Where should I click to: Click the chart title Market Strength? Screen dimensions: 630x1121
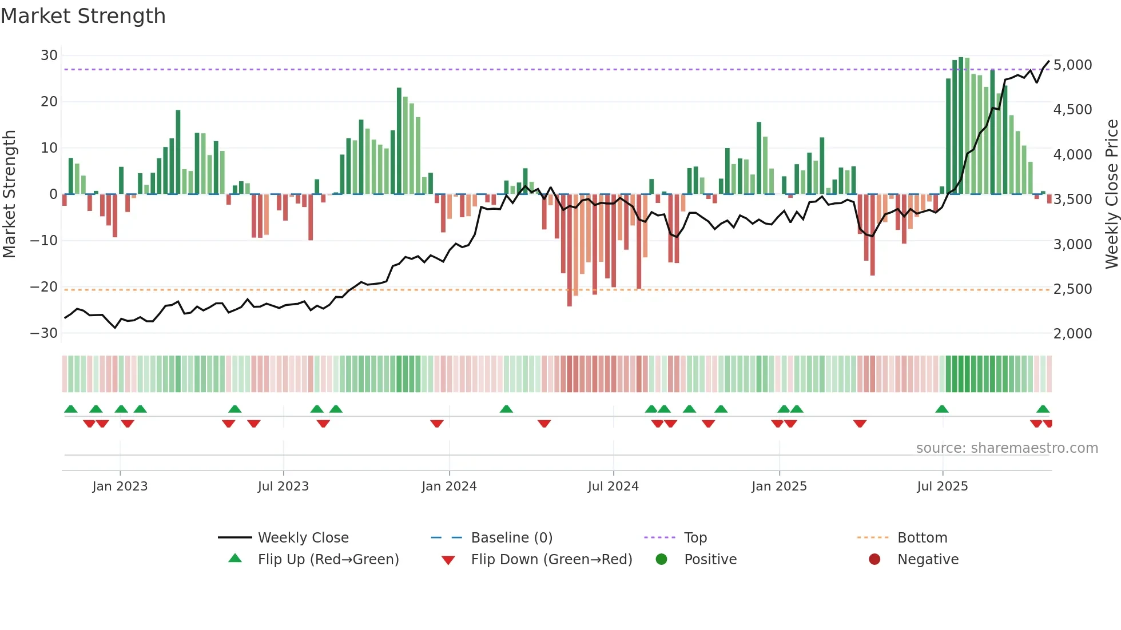point(83,16)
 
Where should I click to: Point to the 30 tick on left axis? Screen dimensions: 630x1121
point(49,55)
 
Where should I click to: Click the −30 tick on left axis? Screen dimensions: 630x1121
point(44,333)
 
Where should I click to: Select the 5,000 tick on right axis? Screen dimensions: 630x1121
point(1072,65)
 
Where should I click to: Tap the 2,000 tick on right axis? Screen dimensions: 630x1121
point(1072,334)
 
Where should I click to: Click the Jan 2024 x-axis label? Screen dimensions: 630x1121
point(449,487)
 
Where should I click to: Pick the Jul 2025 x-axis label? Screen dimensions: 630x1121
point(942,487)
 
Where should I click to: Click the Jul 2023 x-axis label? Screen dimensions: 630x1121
point(283,487)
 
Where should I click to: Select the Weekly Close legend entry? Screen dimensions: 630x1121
point(303,538)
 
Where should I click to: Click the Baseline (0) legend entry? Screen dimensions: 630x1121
point(511,538)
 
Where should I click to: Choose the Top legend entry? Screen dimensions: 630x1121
point(695,538)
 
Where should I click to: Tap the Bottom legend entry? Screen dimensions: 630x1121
point(922,538)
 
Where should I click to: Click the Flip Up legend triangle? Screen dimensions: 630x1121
point(235,559)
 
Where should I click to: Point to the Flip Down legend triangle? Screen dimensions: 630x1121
point(448,560)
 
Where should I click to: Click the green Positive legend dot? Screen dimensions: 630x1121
point(662,559)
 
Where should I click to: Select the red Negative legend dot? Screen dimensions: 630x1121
point(874,559)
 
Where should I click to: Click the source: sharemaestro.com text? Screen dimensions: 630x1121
point(1007,448)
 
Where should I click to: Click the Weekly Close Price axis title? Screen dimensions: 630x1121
point(1111,194)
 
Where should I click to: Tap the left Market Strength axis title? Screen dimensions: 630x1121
point(9,194)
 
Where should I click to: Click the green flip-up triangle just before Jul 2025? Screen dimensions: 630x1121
point(941,409)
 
